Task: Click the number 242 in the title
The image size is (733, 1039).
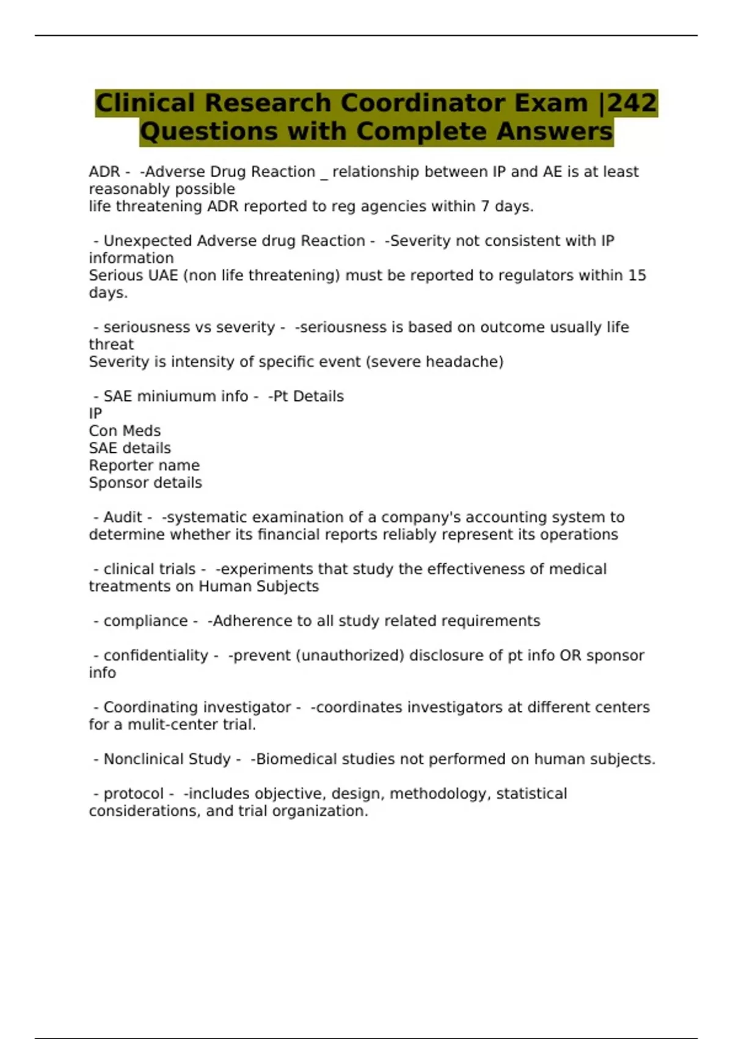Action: point(632,103)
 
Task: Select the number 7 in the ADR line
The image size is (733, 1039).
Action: point(485,207)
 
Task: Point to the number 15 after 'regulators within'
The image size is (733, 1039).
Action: point(637,276)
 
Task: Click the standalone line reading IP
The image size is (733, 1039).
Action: point(95,414)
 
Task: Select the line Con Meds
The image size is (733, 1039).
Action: point(125,431)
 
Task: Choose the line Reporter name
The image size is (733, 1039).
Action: point(144,466)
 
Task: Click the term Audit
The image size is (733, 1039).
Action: point(122,518)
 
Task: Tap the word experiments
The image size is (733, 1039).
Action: point(264,570)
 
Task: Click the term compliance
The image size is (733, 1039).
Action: point(145,622)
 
